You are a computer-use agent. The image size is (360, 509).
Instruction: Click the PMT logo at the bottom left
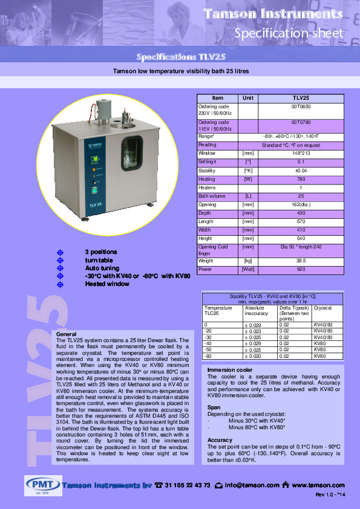click(42, 485)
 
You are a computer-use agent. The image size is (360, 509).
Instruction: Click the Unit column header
click(248, 98)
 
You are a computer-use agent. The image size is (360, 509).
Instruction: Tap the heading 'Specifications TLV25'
click(180, 57)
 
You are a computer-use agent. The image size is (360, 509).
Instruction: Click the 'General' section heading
click(66, 334)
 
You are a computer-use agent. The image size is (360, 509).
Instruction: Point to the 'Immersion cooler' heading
click(230, 369)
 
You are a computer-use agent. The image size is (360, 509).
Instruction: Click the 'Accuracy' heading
click(220, 440)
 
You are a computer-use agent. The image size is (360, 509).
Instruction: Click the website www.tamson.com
click(318, 485)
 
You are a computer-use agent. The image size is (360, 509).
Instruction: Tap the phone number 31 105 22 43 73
click(187, 485)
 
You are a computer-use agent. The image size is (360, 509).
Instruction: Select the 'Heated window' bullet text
click(107, 284)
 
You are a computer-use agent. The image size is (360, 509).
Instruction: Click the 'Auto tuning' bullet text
click(102, 268)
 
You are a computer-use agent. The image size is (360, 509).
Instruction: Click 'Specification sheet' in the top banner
click(289, 33)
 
